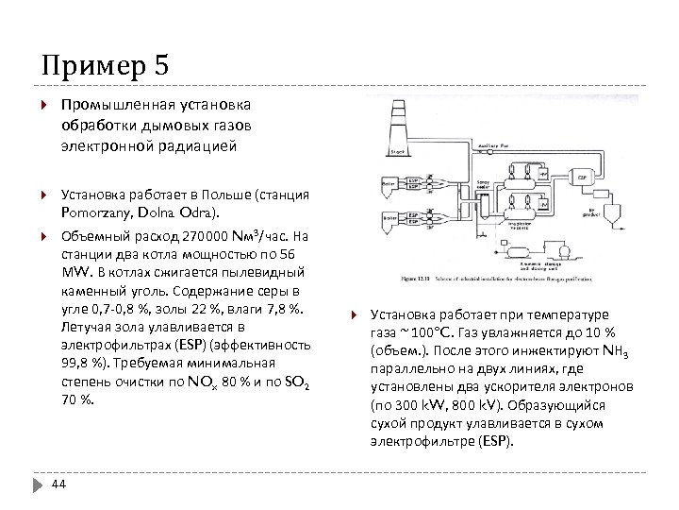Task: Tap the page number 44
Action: point(58,484)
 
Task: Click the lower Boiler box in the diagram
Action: point(389,215)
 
